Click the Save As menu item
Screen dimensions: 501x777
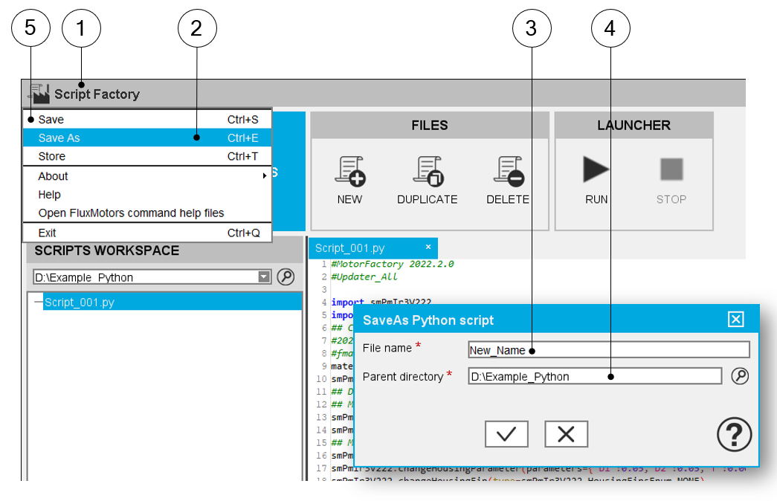(x=59, y=138)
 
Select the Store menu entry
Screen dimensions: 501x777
(x=52, y=156)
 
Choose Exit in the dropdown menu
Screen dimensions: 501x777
(x=48, y=233)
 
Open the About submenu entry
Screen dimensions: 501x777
(x=54, y=176)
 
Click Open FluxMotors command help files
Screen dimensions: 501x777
(x=131, y=213)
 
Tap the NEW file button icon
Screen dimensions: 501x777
(x=349, y=171)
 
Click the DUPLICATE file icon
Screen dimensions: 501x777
(x=428, y=171)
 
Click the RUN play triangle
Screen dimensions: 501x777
(x=596, y=169)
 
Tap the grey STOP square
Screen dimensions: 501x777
(x=671, y=169)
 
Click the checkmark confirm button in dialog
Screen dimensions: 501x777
(x=506, y=434)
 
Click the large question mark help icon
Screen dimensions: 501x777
(x=734, y=434)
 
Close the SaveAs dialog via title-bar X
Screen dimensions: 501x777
(x=735, y=320)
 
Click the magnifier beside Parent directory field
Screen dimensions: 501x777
(x=740, y=376)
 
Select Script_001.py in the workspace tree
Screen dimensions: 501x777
(x=80, y=303)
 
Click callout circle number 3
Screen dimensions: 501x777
(x=532, y=29)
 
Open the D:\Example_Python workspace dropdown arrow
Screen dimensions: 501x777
(x=264, y=277)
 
